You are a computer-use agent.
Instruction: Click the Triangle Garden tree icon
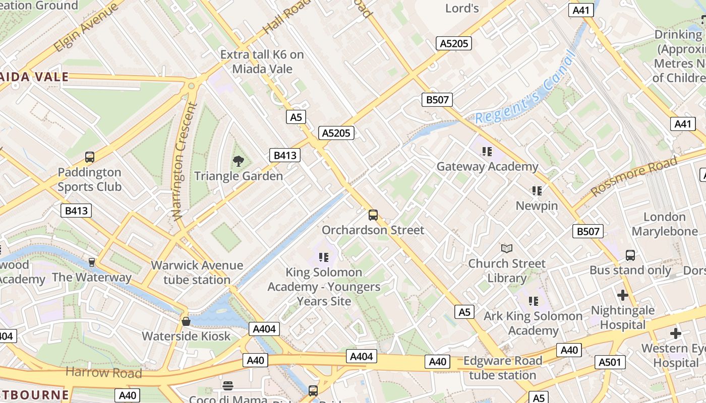coord(238,161)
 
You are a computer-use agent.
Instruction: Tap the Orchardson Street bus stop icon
coord(373,215)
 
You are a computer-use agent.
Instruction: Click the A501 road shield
coord(610,362)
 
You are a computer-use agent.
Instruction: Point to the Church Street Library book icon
coord(507,248)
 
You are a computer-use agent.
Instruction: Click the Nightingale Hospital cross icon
coord(623,295)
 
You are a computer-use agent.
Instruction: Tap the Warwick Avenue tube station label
coord(197,273)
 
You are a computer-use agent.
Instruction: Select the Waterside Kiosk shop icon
coord(186,321)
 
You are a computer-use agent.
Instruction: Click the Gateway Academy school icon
coord(487,151)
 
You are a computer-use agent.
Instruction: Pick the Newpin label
coord(537,206)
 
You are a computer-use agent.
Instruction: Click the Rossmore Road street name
coord(634,176)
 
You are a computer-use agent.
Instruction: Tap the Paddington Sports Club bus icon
coord(90,157)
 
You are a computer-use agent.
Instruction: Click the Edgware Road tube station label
coord(502,368)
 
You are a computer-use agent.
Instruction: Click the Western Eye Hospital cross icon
coord(675,333)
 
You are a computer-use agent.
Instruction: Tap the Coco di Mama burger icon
coord(228,386)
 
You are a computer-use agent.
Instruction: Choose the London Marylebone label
coord(665,224)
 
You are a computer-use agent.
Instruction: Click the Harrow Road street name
coord(104,373)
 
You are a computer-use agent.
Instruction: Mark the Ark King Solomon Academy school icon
coord(534,301)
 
